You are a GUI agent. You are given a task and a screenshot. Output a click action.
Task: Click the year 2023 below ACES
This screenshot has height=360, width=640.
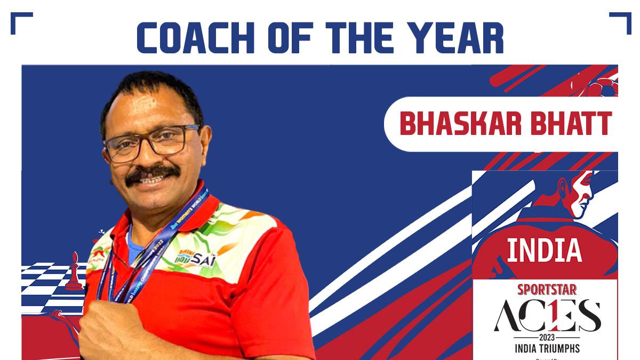tap(546, 338)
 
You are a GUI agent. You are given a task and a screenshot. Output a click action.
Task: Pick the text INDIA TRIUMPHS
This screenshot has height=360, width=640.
tap(547, 349)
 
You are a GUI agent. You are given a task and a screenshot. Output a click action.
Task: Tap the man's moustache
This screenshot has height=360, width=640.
tap(152, 173)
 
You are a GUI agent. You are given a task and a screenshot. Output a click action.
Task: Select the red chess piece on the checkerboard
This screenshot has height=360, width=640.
tap(74, 272)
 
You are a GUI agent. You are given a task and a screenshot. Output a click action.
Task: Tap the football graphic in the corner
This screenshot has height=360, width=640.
tap(603, 86)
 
